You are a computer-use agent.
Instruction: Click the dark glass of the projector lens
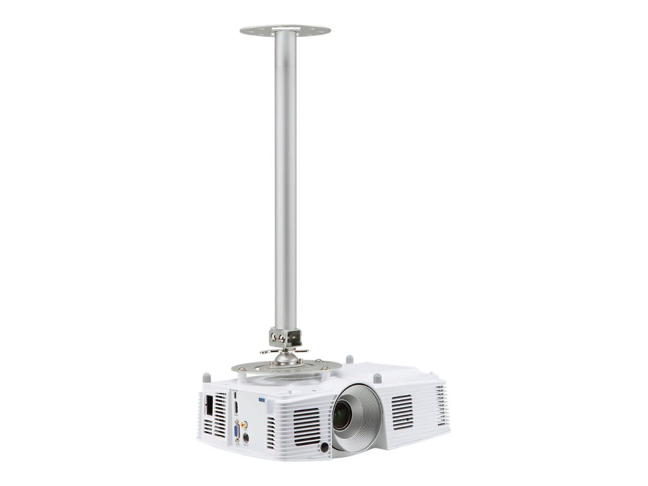(x=342, y=416)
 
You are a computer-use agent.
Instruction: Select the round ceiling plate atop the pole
(x=285, y=30)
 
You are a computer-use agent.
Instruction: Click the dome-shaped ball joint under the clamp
(x=286, y=358)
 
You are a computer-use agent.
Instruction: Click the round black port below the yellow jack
(x=246, y=437)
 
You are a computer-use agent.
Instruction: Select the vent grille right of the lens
(x=402, y=411)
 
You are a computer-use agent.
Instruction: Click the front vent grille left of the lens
(x=306, y=426)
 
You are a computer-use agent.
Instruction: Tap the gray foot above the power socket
(x=206, y=378)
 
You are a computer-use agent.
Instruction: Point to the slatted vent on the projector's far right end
(x=440, y=405)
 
